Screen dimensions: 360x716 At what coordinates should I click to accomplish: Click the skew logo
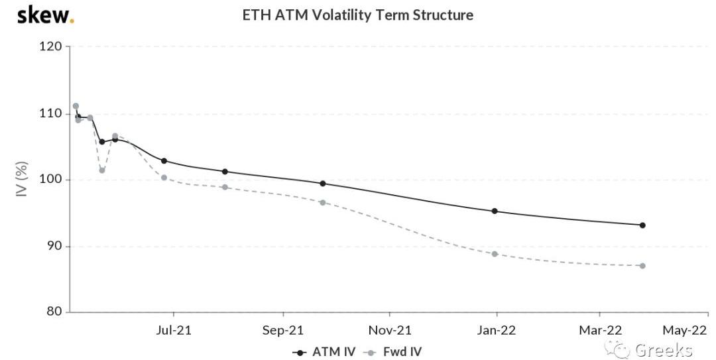45,15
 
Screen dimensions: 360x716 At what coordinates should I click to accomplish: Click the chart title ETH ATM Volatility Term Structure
357,15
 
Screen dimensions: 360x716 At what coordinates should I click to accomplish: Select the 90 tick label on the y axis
56,246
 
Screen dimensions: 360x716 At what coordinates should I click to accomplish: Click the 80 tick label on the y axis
56,312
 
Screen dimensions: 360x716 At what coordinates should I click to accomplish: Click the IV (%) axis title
22,179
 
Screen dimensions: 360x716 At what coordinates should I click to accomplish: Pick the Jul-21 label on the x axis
173,330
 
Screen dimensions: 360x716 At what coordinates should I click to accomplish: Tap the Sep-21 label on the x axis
283,330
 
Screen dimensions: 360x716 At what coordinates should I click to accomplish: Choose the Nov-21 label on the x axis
390,330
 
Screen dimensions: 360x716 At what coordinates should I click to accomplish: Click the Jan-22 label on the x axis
497,330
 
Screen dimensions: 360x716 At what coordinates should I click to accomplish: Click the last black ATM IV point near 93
642,225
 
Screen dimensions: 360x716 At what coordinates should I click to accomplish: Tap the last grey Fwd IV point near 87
642,266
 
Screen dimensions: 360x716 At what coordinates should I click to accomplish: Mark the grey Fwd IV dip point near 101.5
102,170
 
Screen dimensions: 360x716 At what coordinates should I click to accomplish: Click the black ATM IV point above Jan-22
495,211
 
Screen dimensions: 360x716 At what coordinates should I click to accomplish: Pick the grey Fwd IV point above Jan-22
495,254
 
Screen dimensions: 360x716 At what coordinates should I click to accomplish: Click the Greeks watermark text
663,350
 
